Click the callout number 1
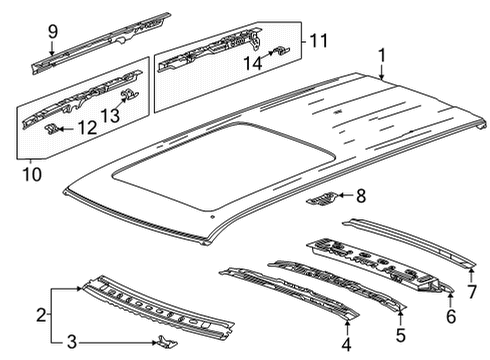pos(382,55)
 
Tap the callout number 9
pos(53,32)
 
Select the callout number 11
pos(319,41)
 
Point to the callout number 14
pos(253,63)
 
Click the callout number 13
pos(110,115)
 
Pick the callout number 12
pos(87,128)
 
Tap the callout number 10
pos(32,174)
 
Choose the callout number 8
pos(361,196)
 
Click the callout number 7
pos(472,292)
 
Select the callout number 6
pos(451,316)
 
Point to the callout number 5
pos(401,335)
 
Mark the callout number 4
pos(347,344)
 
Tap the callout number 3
pos(72,342)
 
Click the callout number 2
pos(41,315)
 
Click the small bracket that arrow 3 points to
pos(167,342)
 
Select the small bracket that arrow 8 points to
pos(321,199)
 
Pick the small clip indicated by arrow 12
pos(52,129)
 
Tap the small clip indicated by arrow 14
pos(281,50)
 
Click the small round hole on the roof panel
pos(212,217)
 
